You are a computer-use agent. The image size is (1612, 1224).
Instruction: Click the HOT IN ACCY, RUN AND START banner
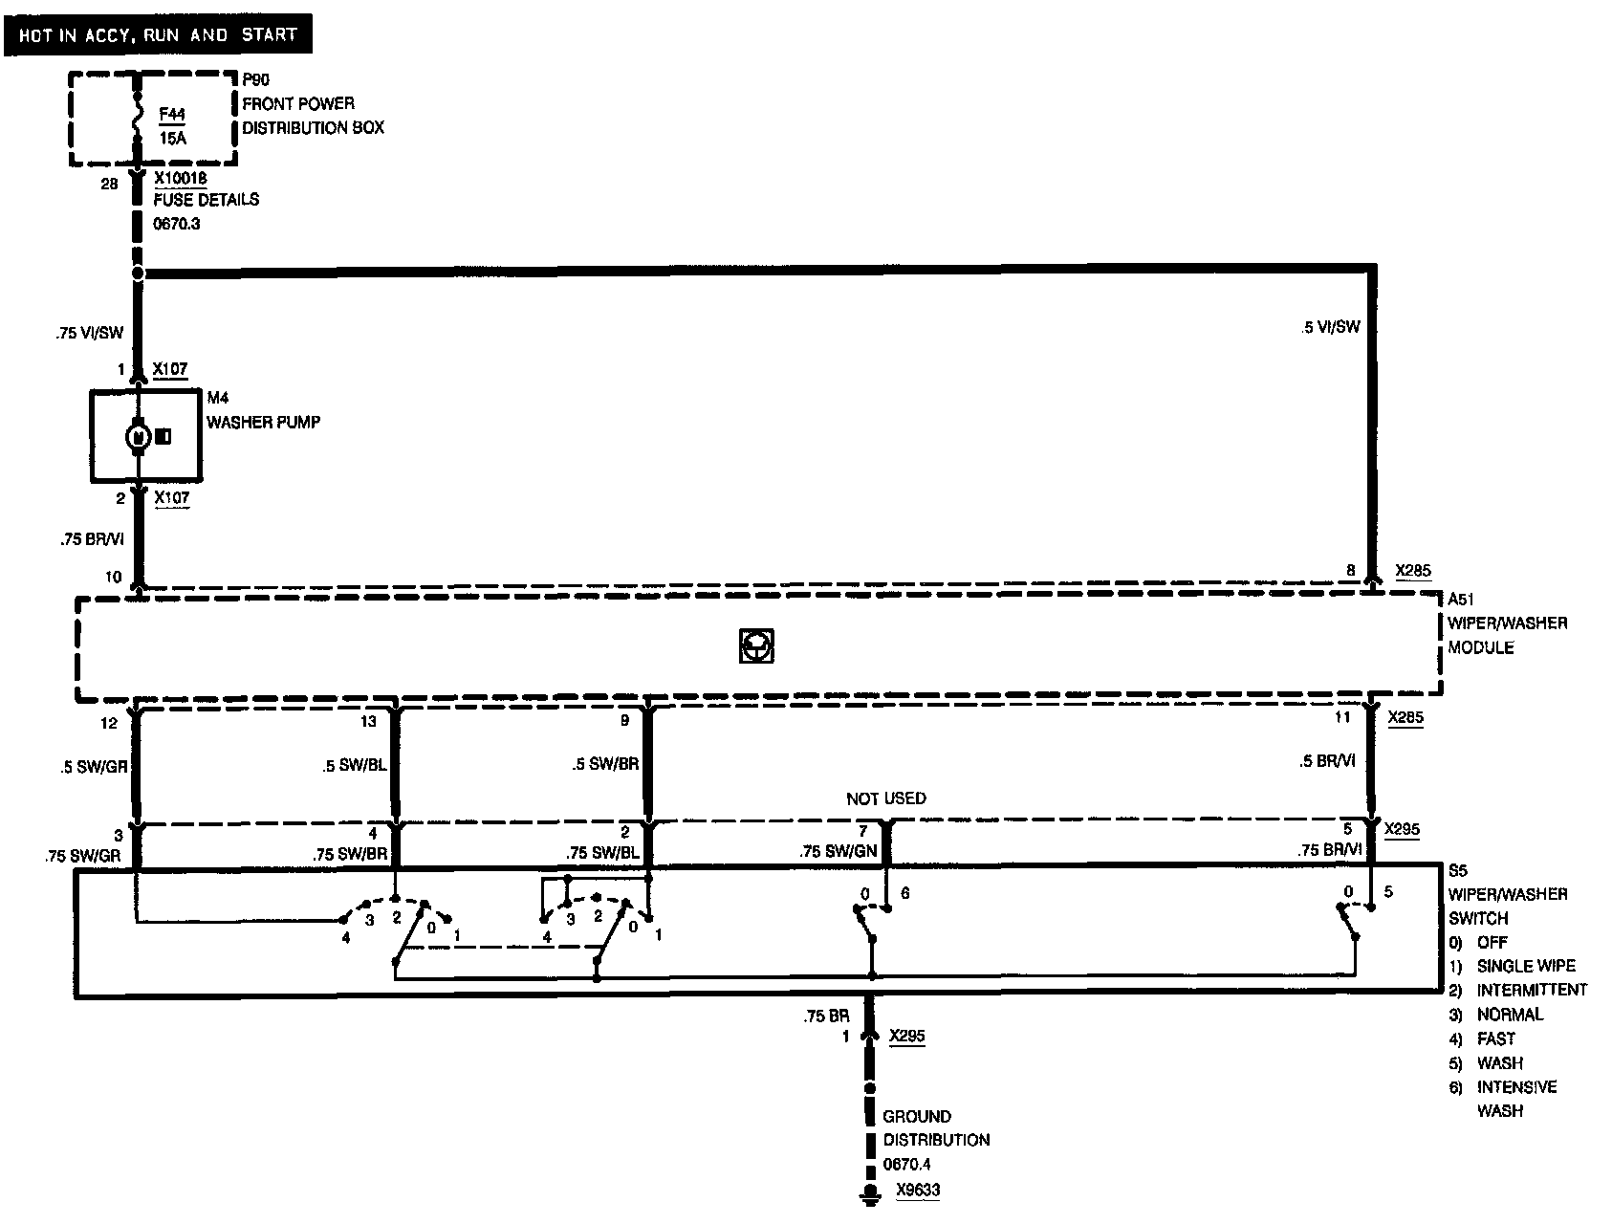158,35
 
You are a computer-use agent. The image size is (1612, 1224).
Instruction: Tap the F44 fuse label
172,115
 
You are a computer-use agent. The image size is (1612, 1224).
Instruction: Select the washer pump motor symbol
138,437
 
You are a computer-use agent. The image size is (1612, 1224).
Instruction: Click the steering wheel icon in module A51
756,646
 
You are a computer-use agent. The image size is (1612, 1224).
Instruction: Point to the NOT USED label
885,798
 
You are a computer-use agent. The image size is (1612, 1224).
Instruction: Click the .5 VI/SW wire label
1330,327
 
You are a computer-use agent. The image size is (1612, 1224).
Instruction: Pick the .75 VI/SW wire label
89,334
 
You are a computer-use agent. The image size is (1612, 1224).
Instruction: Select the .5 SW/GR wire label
93,765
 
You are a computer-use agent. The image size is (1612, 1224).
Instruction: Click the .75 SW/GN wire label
838,850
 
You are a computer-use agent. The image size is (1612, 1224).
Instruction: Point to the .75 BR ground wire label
827,1016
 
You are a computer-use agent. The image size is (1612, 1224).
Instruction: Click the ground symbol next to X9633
870,1191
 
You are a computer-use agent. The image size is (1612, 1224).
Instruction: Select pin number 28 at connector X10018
109,183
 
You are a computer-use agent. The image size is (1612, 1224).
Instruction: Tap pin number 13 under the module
369,721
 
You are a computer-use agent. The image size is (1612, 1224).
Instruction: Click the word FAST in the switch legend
1495,1038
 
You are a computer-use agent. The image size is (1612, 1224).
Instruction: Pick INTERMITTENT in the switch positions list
1532,990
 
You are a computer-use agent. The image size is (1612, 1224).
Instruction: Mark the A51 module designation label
1462,599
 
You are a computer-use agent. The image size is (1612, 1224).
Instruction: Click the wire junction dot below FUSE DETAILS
138,273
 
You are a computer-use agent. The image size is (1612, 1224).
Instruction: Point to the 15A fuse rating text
172,138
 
